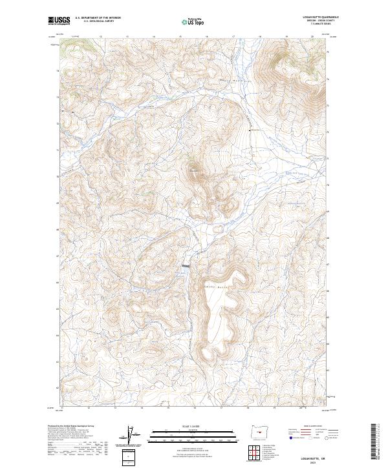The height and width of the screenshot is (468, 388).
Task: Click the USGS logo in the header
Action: [x=59, y=21]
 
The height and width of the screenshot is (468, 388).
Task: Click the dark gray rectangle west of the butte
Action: [x=186, y=265]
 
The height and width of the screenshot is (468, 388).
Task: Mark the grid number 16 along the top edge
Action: [x=206, y=37]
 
